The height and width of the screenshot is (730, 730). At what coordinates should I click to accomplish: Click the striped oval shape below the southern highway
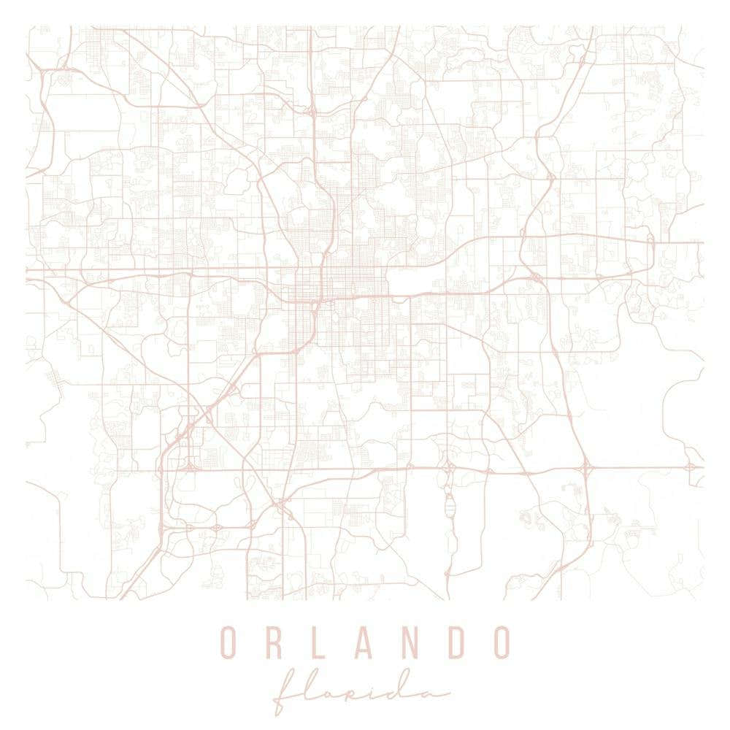[x=449, y=504]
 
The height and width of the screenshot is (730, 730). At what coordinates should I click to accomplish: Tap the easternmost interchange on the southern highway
[x=691, y=466]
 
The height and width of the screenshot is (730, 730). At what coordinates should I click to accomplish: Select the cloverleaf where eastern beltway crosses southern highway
[x=585, y=466]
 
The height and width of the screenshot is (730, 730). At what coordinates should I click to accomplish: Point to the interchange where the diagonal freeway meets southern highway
[x=188, y=464]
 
